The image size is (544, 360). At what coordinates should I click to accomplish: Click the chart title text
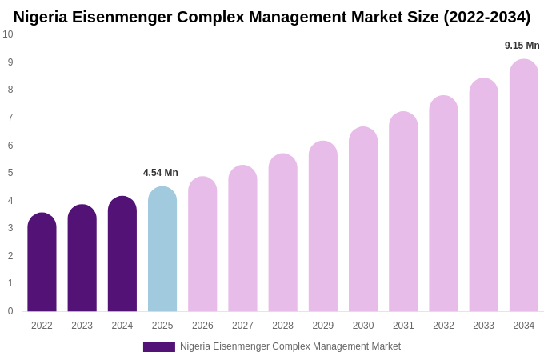[x=272, y=17]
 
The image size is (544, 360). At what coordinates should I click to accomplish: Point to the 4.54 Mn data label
[x=161, y=173]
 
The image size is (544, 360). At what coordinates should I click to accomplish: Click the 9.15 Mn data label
[x=522, y=46]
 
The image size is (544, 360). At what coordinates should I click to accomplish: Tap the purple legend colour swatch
[x=158, y=347]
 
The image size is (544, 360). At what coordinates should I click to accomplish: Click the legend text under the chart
[x=290, y=346]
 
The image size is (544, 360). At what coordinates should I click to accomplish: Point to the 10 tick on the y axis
[x=8, y=34]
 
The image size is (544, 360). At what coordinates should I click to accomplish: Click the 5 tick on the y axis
[x=10, y=173]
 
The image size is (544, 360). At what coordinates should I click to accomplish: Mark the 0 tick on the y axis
[x=10, y=311]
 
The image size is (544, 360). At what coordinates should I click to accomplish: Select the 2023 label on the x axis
[x=82, y=326]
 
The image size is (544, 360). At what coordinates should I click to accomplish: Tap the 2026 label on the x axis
[x=202, y=326]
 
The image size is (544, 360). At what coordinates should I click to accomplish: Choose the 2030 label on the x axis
[x=363, y=326]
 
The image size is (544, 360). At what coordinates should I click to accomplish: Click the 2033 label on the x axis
[x=483, y=326]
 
